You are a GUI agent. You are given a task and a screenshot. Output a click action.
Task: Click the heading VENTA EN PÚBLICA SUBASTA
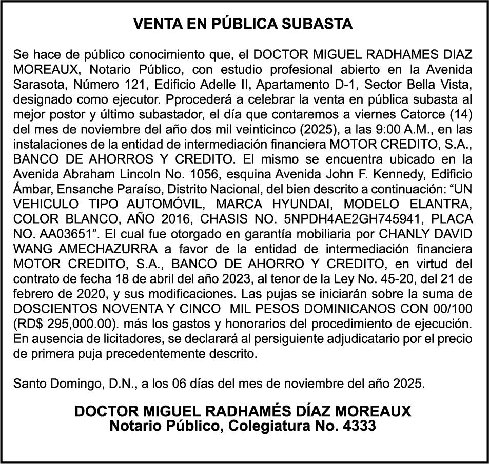(243, 24)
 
